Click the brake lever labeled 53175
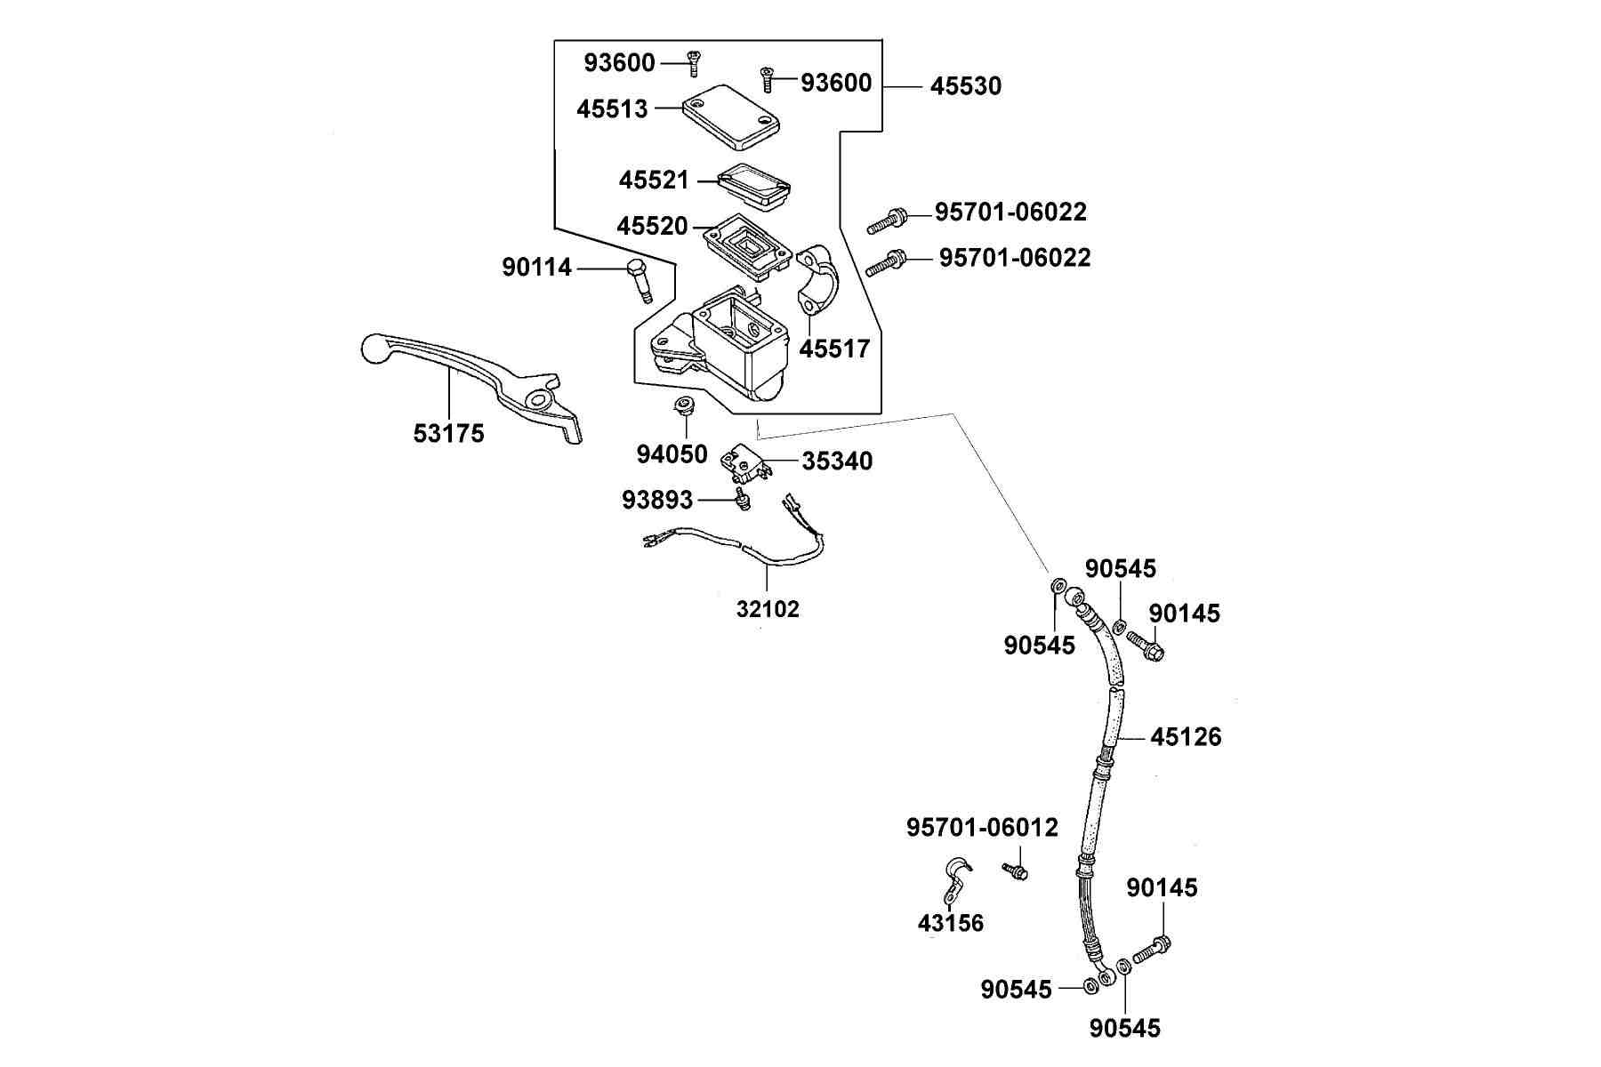463,373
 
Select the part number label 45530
965,86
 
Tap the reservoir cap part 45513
730,117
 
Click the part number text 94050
672,454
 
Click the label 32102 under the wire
768,609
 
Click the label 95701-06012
982,828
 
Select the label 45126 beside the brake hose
1186,737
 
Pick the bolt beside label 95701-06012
1015,870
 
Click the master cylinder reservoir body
720,342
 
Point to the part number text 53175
449,433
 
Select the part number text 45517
834,349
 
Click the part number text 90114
537,267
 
